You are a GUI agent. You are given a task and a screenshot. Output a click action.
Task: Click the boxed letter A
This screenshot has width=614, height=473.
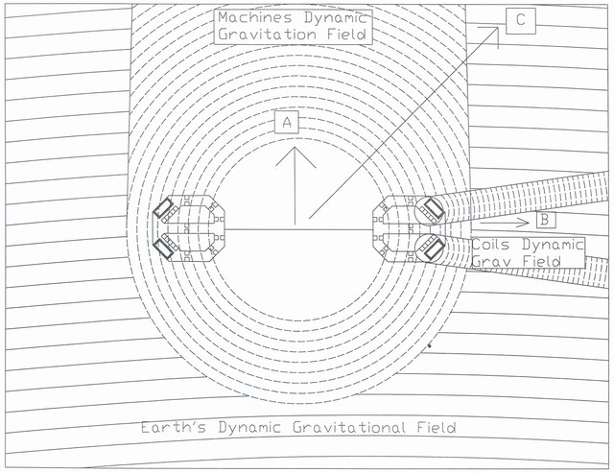pyautogui.click(x=287, y=122)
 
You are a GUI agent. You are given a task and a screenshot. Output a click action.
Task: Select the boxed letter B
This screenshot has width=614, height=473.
pyautogui.click(x=544, y=220)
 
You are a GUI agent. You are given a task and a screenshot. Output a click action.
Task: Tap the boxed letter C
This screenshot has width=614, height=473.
pyautogui.click(x=520, y=19)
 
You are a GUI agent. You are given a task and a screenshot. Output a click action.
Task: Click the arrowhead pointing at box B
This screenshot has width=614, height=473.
pyautogui.click(x=524, y=220)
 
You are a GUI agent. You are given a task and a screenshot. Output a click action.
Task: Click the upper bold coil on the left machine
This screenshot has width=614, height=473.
pyautogui.click(x=161, y=209)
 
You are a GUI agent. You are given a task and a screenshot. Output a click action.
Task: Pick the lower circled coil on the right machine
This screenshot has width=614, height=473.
pyautogui.click(x=429, y=248)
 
